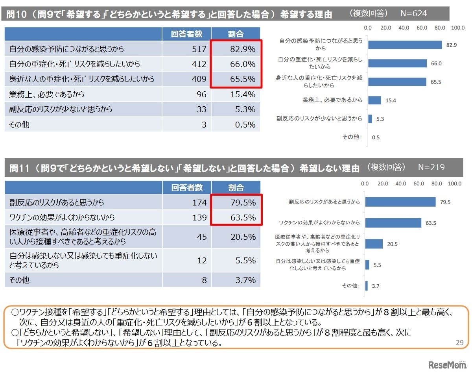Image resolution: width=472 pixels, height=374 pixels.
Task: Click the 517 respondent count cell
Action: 187,49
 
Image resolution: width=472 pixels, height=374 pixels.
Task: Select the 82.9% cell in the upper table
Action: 236,49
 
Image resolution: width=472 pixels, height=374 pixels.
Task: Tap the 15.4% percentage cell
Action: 236,94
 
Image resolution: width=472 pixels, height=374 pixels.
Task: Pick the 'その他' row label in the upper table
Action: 19,125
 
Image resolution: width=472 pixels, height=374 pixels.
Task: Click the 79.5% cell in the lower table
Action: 236,203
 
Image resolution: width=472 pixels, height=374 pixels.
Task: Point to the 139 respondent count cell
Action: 187,218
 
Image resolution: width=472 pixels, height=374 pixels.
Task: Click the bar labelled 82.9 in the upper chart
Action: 405,44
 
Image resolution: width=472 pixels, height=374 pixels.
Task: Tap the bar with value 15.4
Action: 374,100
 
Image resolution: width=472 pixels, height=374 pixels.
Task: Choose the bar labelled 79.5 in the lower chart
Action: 400,202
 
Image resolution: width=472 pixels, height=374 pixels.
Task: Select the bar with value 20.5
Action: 374,244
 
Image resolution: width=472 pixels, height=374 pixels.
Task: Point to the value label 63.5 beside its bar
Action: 432,223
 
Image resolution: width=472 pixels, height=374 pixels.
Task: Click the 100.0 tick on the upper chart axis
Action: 458,28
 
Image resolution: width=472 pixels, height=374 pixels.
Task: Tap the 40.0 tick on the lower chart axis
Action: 400,183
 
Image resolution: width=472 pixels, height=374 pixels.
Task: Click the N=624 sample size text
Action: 413,13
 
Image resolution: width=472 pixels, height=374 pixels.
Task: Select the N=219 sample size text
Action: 431,167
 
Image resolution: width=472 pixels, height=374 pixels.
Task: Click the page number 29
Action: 459,343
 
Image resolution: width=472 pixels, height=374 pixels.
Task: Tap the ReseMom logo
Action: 446,364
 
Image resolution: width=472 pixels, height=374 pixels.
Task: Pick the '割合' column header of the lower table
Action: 236,188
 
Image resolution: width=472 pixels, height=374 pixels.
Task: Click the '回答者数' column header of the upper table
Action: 187,34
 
